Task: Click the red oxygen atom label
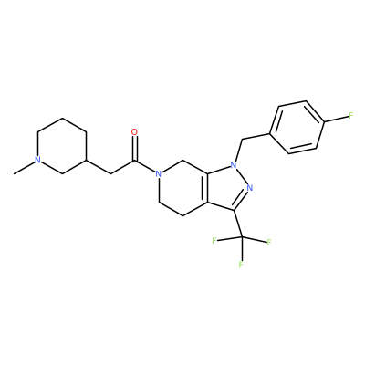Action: [134, 132]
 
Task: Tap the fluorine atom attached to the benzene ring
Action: [351, 116]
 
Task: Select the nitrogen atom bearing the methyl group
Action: [37, 160]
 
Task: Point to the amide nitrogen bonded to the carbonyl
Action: [158, 174]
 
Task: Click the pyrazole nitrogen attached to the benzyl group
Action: [234, 165]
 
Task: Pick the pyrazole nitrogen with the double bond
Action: [250, 188]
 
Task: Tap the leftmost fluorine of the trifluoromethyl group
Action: [214, 241]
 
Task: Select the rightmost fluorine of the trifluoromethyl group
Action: [269, 243]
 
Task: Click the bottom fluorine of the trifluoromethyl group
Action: [241, 265]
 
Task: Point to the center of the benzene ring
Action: [297, 128]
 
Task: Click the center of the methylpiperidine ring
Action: [62, 146]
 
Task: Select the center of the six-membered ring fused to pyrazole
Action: [183, 188]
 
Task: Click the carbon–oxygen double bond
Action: [134, 148]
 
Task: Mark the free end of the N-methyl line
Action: [14, 174]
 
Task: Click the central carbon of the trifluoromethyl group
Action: [242, 236]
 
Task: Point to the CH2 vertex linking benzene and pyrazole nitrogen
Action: [242, 140]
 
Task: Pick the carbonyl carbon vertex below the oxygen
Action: [134, 161]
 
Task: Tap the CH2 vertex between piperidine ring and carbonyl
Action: [110, 174]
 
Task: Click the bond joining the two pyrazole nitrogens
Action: [242, 176]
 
